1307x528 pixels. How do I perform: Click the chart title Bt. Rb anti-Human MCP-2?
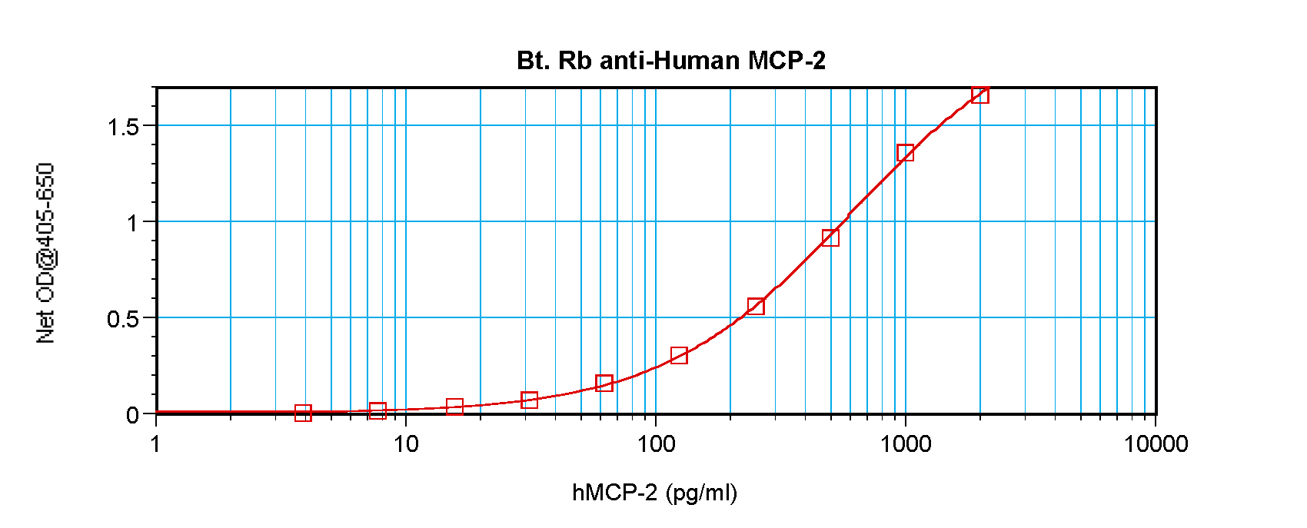coord(670,61)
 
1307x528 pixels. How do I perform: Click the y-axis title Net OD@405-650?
coord(46,253)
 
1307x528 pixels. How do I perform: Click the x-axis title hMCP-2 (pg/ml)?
coord(654,493)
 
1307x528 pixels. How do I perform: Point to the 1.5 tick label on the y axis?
coord(123,127)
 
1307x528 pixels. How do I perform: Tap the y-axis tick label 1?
coord(133,223)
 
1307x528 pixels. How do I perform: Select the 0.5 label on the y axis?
coord(123,319)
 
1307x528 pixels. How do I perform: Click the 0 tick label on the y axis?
coord(133,416)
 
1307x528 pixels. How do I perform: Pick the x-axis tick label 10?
coord(406,444)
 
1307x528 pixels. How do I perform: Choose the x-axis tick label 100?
coord(656,444)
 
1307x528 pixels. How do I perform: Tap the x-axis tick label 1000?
coord(906,444)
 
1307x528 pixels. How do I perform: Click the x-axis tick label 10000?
coord(1156,444)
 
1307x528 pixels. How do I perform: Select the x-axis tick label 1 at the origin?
coord(156,444)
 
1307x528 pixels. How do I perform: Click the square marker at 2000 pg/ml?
coord(980,95)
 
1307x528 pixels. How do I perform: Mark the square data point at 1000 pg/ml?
coord(905,153)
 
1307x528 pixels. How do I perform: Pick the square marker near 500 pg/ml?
coord(830,237)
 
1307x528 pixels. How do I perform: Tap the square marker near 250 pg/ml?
coord(756,307)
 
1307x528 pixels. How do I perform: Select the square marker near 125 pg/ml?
coord(679,355)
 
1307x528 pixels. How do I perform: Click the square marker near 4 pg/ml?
coord(303,413)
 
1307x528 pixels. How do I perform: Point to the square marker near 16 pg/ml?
coord(454,407)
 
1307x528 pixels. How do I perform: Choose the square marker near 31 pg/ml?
coord(529,400)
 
